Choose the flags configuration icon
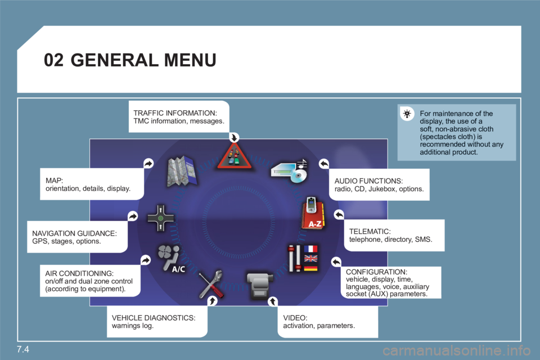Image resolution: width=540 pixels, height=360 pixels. (303, 259)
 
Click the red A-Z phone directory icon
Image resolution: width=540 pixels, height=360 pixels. (313, 214)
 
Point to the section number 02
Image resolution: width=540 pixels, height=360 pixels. (53, 60)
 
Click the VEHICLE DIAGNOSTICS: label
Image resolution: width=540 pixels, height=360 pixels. (154, 318)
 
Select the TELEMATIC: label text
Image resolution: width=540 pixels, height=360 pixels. (370, 231)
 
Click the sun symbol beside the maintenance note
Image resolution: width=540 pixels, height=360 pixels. (408, 115)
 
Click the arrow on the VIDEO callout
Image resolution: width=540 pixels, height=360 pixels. (271, 301)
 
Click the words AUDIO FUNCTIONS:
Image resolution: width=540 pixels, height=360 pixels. (368, 181)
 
